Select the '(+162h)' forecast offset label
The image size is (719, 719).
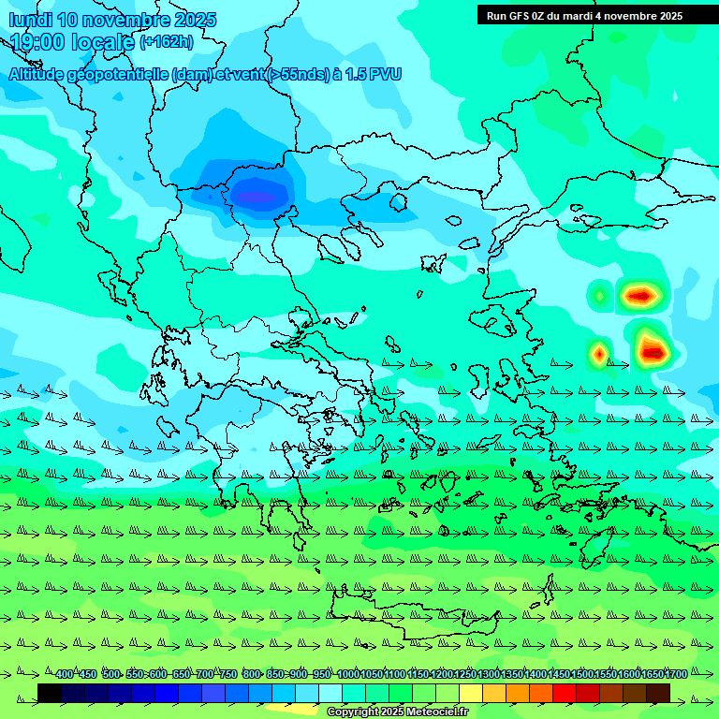click(166, 42)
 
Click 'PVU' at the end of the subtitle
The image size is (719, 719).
click(384, 74)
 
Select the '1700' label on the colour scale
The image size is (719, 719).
click(675, 674)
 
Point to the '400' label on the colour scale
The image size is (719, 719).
click(64, 674)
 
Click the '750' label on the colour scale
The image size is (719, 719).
click(227, 674)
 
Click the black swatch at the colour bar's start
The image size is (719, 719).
click(50, 693)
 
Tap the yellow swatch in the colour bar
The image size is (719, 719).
click(471, 693)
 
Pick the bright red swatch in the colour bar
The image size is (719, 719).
click(565, 693)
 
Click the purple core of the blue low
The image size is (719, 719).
click(257, 197)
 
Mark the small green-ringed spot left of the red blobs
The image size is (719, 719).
click(599, 296)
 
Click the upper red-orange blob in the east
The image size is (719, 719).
click(640, 296)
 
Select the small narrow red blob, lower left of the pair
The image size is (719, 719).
click(599, 354)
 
